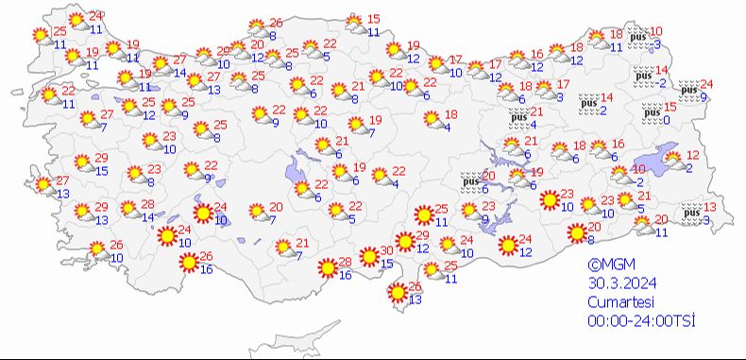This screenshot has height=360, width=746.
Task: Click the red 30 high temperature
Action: tap(387, 250)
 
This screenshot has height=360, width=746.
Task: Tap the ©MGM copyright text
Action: tap(607, 267)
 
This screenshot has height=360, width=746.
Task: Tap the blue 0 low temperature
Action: tap(666, 119)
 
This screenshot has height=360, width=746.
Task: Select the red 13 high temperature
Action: tap(709, 208)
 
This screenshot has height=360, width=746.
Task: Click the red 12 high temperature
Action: tap(692, 155)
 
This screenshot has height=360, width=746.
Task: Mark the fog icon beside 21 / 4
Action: tap(517, 117)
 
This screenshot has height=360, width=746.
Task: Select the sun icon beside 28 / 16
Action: tap(328, 268)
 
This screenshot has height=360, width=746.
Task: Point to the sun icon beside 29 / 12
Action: tap(405, 242)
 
